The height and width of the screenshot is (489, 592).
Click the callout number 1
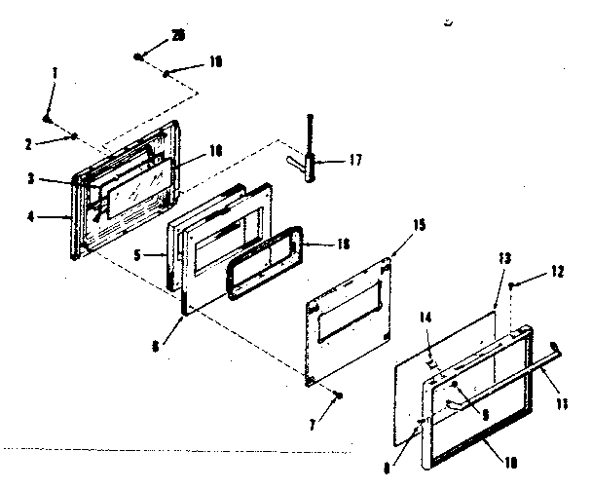(x=55, y=73)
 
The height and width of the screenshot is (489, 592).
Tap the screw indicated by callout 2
(x=74, y=136)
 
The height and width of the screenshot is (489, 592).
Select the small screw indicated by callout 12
(x=511, y=282)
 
